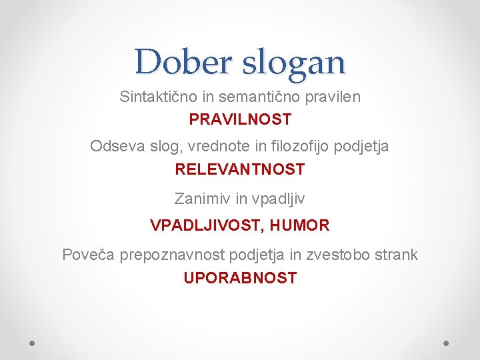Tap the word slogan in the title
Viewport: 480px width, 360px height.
[294, 63]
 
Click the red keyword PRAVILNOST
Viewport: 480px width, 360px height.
[240, 120]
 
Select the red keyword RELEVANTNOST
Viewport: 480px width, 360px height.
[240, 169]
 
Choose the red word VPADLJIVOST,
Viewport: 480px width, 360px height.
[208, 225]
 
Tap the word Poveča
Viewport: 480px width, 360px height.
[89, 255]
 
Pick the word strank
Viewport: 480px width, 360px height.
[398, 255]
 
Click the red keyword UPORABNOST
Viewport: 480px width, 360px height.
[240, 278]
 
